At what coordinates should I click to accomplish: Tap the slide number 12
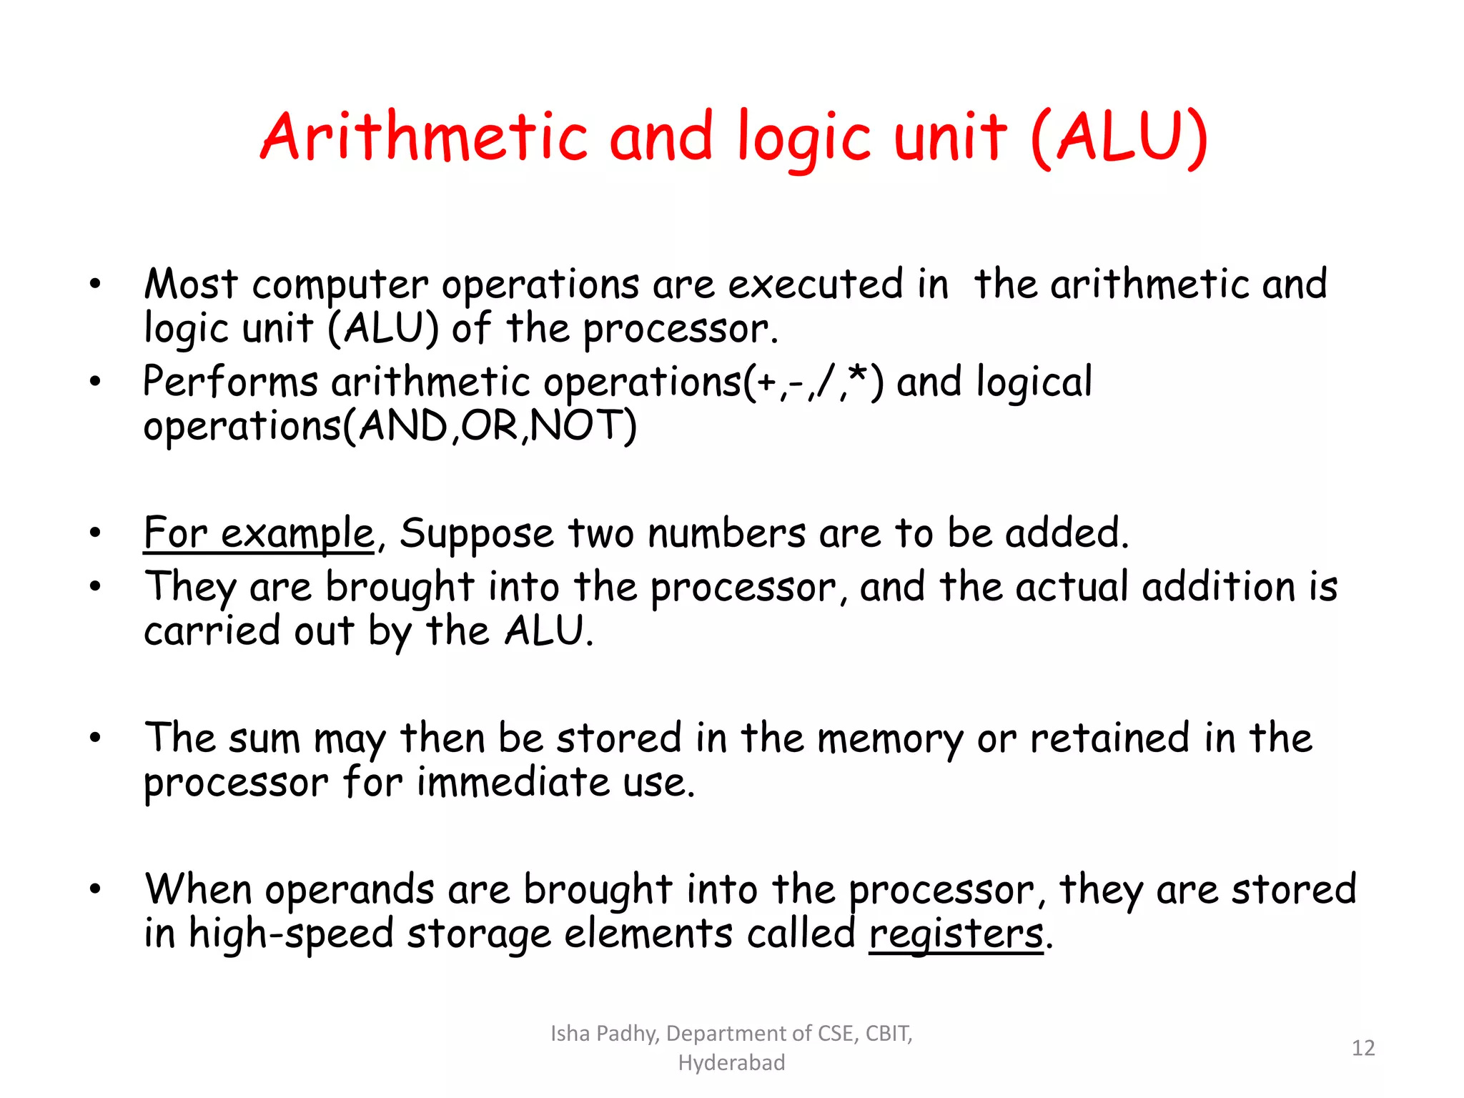point(1363,1048)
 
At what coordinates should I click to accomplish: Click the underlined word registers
point(956,934)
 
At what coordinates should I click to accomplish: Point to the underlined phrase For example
point(259,534)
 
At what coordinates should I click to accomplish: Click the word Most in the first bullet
point(190,285)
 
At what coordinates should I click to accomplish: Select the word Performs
point(230,382)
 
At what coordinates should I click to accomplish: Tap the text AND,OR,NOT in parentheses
point(490,426)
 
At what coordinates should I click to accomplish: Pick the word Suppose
point(476,534)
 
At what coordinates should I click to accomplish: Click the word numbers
point(726,534)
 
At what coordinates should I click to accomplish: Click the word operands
point(350,891)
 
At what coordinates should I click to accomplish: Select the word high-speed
point(291,934)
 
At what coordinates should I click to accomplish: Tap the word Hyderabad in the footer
point(731,1063)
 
